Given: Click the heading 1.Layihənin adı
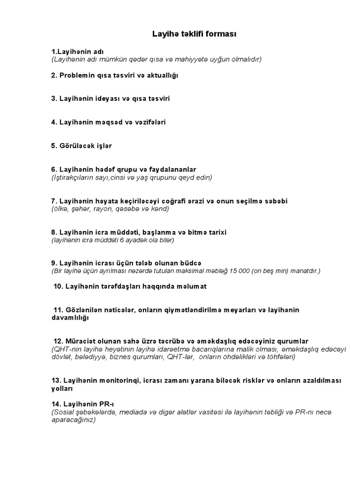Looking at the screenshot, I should pyautogui.click(x=78, y=51).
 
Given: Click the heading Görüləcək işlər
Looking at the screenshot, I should pyautogui.click(x=82, y=146).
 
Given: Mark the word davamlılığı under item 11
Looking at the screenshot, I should pyautogui.click(x=70, y=318).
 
